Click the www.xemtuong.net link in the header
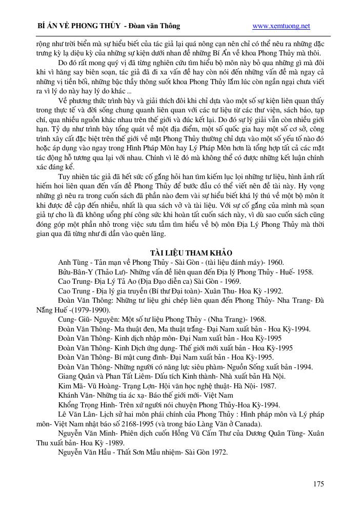[x=282, y=26]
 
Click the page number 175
[x=318, y=483]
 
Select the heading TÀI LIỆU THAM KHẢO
[x=191, y=253]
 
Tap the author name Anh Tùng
[x=71, y=262]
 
